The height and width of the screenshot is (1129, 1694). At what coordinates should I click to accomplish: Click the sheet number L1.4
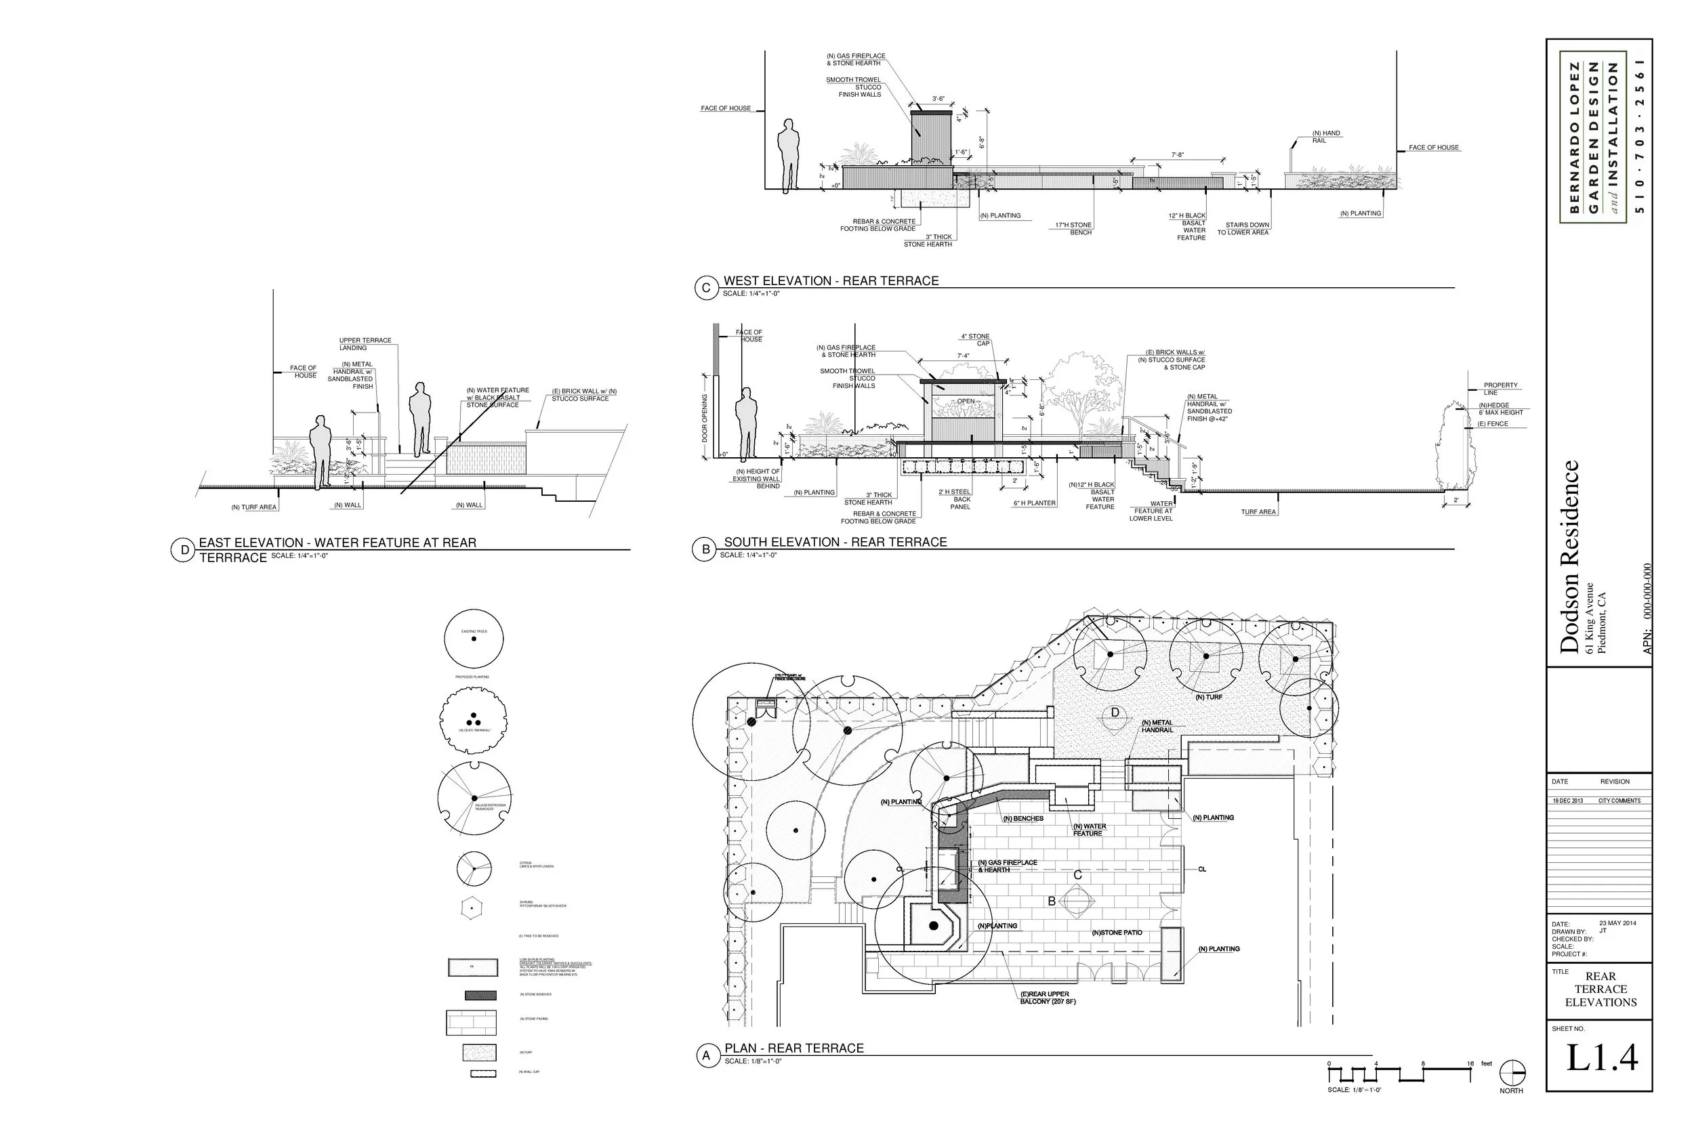pos(1602,1058)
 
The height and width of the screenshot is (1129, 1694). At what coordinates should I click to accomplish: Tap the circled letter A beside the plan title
pos(707,1056)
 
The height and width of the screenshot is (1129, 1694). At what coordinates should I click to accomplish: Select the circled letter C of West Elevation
pos(706,288)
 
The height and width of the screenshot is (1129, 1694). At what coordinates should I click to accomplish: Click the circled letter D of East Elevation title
pos(184,550)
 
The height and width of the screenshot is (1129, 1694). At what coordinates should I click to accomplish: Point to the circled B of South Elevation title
pos(706,549)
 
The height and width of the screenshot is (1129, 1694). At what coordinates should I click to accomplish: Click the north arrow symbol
pos(1512,1073)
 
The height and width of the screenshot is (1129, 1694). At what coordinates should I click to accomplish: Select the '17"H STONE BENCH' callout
pos(1074,229)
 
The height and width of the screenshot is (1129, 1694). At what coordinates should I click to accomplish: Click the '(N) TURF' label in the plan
pos(1209,697)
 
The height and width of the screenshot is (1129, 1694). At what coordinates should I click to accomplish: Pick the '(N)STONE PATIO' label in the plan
pos(1117,933)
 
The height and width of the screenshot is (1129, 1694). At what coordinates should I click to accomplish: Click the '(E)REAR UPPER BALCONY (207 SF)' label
pos(1049,997)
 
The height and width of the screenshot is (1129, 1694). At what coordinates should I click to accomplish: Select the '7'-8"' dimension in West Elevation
pos(1178,155)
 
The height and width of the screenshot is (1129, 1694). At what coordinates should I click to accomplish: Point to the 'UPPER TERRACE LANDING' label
pos(365,344)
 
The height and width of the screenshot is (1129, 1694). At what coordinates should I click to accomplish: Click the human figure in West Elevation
pos(789,154)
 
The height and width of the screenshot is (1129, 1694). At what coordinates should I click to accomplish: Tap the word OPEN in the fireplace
pos(965,401)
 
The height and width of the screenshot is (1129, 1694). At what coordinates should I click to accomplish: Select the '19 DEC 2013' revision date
pos(1568,801)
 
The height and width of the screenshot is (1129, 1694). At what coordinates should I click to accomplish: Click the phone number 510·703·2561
pos(1641,136)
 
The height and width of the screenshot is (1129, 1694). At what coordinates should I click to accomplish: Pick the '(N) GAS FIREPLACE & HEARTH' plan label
pos(1008,866)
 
